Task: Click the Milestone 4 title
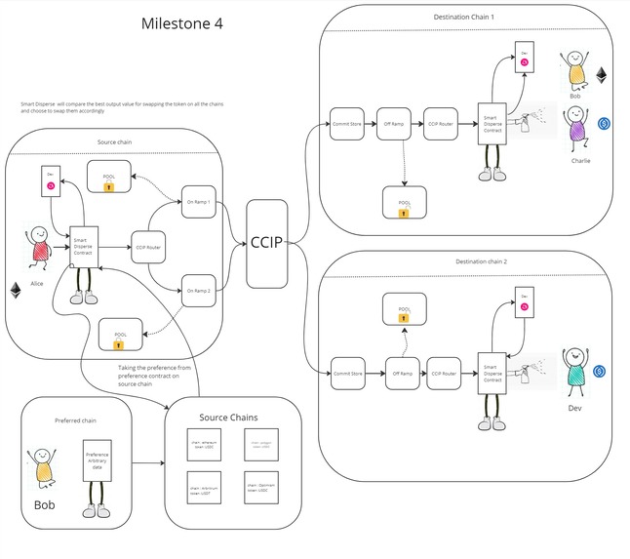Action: (181, 24)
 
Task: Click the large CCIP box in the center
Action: (266, 243)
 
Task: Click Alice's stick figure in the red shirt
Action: (39, 247)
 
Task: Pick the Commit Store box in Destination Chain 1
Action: (347, 125)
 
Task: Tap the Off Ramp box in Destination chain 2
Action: (402, 373)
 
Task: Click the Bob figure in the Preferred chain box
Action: (44, 470)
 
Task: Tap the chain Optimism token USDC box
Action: (258, 489)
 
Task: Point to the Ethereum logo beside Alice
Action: (16, 291)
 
